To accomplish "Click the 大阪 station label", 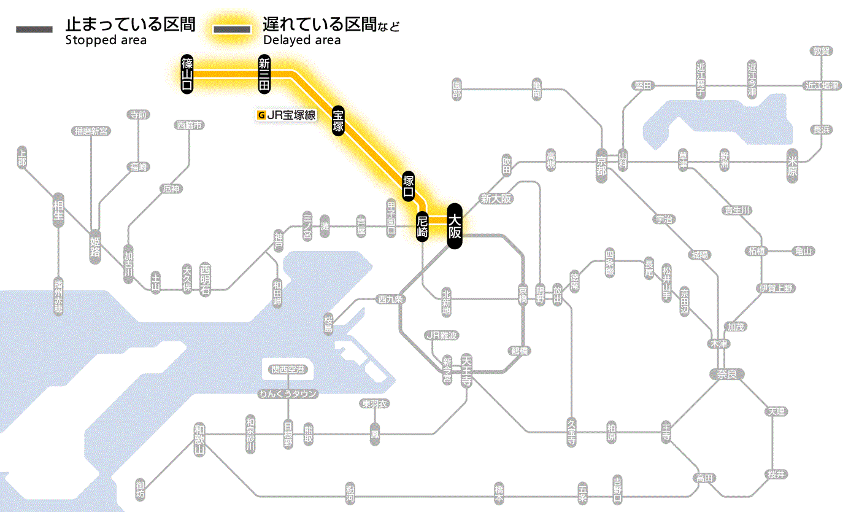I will [454, 226].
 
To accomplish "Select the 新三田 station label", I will [264, 74].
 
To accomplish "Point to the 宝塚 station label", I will [338, 120].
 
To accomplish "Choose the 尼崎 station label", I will [422, 227].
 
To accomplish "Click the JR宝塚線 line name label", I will [287, 114].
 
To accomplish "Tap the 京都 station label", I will [601, 163].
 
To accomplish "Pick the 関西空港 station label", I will [288, 370].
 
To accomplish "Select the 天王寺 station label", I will [466, 370].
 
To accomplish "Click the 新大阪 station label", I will [496, 198].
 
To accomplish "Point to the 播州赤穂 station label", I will [58, 296].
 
